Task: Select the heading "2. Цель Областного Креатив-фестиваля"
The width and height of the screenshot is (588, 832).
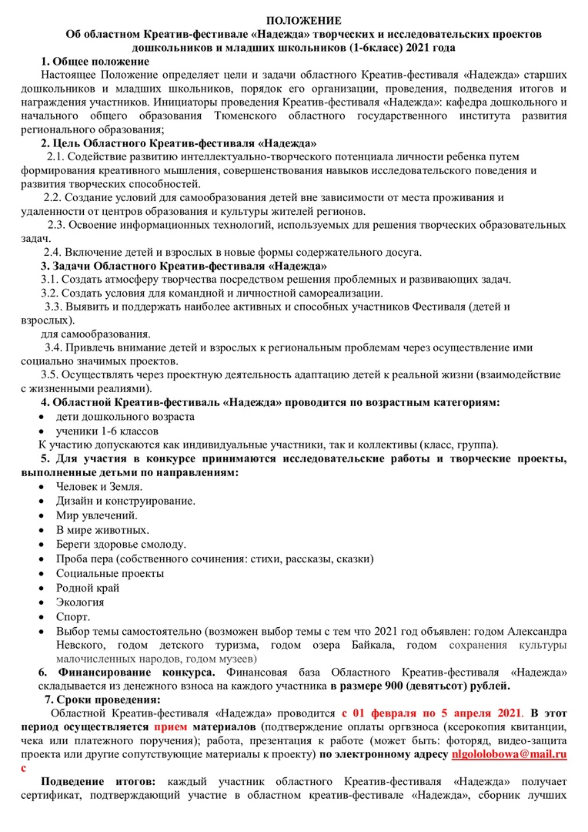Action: [179, 143]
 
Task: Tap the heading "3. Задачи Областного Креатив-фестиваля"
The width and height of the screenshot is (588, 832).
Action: [183, 266]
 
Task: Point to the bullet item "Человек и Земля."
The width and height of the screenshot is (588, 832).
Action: [99, 487]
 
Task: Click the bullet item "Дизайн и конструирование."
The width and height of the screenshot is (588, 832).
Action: [125, 501]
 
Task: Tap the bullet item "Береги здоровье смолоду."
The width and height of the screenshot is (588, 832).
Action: [121, 545]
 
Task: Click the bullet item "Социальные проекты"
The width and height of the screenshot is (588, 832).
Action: [109, 573]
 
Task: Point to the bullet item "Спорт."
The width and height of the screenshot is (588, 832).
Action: [73, 616]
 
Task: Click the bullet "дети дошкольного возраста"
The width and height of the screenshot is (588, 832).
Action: [125, 416]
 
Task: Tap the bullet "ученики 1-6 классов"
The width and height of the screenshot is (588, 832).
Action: [105, 430]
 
